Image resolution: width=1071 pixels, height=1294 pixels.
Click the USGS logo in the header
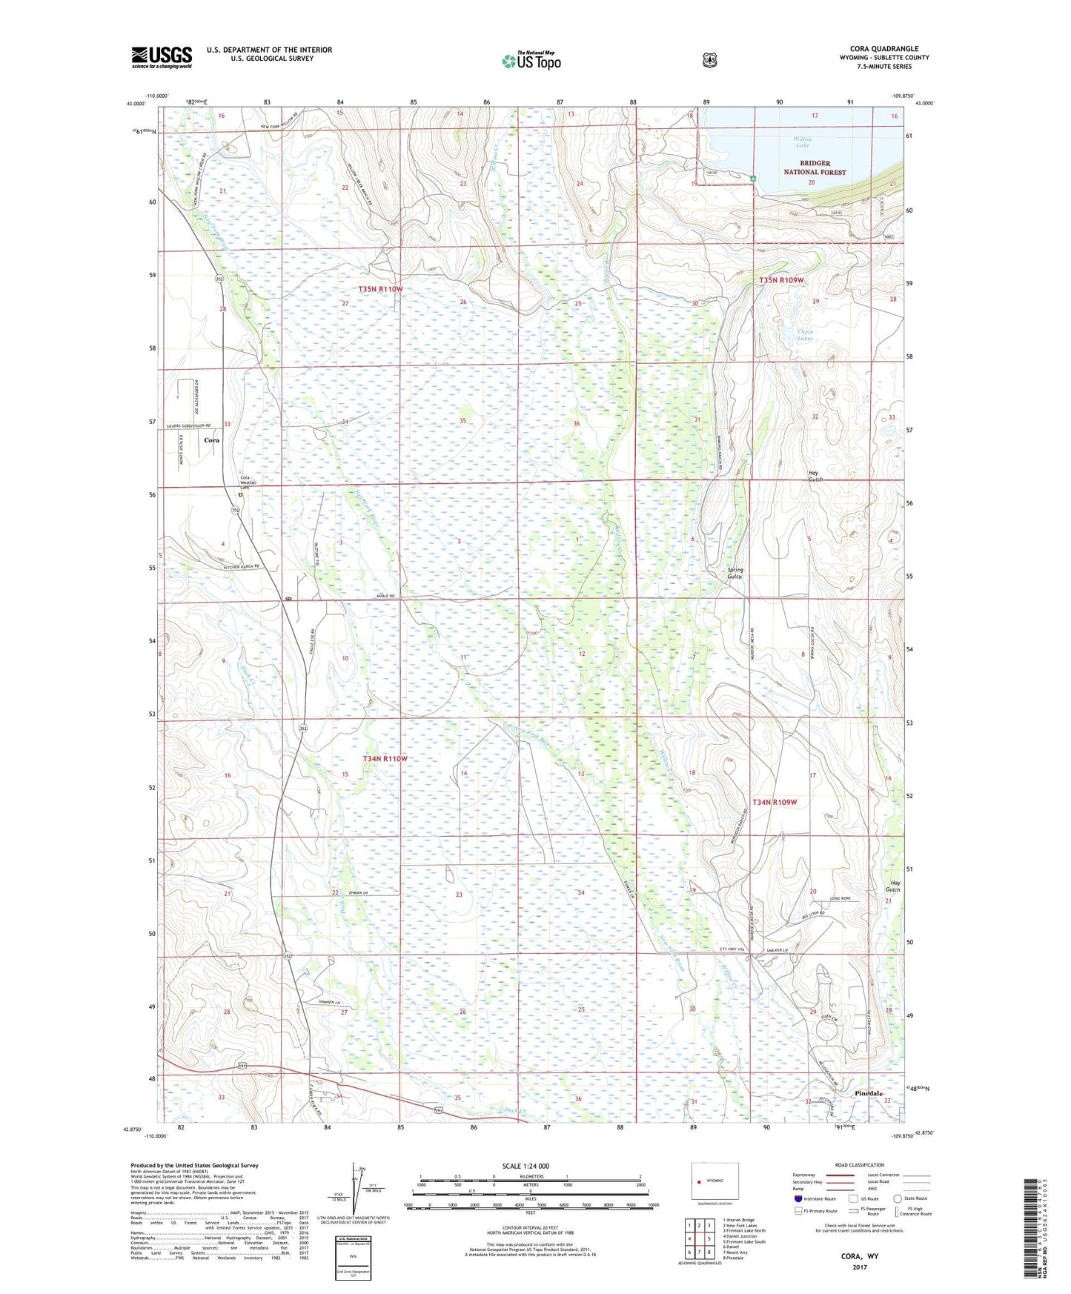[x=162, y=57]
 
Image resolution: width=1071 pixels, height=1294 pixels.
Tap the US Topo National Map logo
[x=531, y=61]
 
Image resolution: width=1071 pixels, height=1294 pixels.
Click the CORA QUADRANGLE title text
[x=883, y=49]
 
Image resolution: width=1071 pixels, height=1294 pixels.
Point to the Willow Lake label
[x=803, y=142]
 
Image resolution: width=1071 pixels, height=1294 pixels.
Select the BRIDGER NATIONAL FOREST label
[x=815, y=167]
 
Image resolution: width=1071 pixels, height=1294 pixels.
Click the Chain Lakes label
[x=805, y=335]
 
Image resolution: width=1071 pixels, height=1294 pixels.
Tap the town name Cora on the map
[x=212, y=440]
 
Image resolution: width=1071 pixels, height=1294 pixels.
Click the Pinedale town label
[x=868, y=1093]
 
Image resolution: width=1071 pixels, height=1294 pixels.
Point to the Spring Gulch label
[x=735, y=573]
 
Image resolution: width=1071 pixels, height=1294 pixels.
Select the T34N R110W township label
[x=385, y=759]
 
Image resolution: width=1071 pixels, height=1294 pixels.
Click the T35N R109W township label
[x=782, y=280]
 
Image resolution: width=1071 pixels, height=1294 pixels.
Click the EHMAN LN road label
[x=358, y=893]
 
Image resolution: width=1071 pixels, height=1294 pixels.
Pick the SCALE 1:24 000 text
[x=525, y=1166]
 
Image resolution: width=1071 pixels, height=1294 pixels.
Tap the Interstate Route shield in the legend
[x=798, y=1198]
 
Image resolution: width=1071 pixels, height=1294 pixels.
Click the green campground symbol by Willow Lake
[x=752, y=178]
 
